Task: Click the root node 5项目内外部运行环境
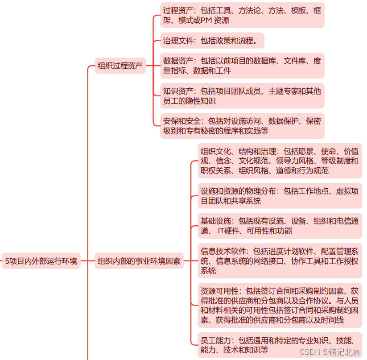coord(41,261)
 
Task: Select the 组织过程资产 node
coord(120,66)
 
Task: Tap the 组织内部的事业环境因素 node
coord(140,261)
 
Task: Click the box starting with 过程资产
coord(242,15)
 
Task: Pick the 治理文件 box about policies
coord(212,41)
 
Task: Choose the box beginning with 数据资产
coord(242,66)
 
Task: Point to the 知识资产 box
coord(242,96)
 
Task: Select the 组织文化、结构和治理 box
coord(280,161)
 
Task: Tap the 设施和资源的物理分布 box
coord(280,196)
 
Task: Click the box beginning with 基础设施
coord(280,226)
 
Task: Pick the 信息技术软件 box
coord(280,261)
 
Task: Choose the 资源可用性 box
coord(280,305)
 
